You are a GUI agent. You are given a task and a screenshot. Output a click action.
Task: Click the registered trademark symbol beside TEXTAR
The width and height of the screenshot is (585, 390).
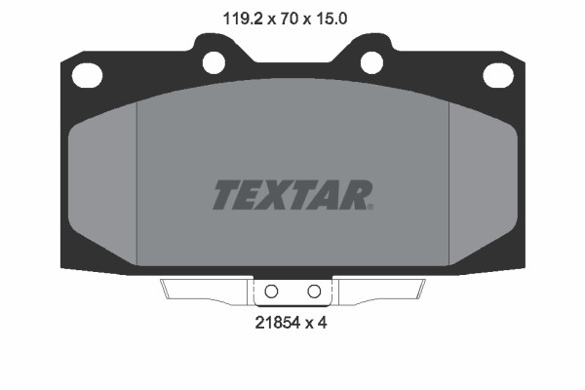click(x=370, y=206)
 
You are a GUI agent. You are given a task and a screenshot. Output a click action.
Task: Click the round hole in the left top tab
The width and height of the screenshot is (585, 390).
click(x=214, y=61)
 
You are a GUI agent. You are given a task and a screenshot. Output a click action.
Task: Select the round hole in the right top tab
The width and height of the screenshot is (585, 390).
click(x=371, y=61)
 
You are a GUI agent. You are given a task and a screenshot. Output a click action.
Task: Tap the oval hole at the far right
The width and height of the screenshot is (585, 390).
click(x=496, y=74)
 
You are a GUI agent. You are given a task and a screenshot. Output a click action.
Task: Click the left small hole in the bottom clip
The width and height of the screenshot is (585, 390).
click(x=272, y=291)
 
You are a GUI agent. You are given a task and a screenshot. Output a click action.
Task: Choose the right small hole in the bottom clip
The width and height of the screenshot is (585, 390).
click(x=314, y=291)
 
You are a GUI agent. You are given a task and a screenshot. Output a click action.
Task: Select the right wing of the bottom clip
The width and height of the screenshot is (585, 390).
click(x=380, y=290)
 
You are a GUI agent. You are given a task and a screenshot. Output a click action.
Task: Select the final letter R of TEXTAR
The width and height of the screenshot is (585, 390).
click(x=355, y=195)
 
